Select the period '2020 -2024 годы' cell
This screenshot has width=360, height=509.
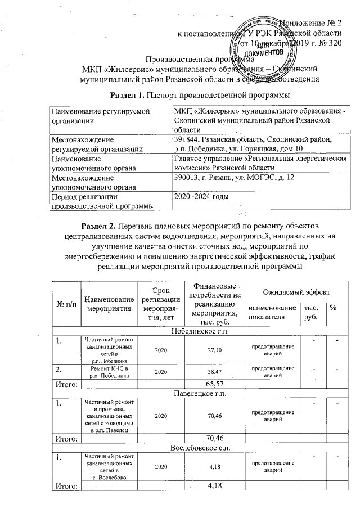(201, 197)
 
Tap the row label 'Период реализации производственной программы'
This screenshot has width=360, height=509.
(110, 201)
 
